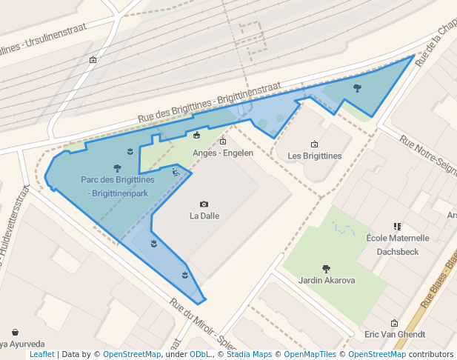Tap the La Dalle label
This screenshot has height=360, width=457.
pyautogui.click(x=204, y=216)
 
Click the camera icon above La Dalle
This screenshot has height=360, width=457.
pyautogui.click(x=204, y=204)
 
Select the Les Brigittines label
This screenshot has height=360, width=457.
pyautogui.click(x=314, y=156)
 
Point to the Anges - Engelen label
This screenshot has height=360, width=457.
pyautogui.click(x=223, y=153)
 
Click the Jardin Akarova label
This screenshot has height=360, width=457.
pyautogui.click(x=327, y=280)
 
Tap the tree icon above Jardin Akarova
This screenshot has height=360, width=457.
pyautogui.click(x=326, y=268)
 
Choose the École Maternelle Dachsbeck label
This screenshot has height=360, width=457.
pyautogui.click(x=398, y=244)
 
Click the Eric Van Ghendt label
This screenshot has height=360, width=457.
pyautogui.click(x=394, y=335)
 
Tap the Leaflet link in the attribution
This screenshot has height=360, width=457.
pyautogui.click(x=41, y=355)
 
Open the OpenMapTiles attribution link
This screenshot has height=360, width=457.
pyautogui.click(x=310, y=355)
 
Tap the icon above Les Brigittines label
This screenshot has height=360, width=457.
pyautogui.click(x=314, y=144)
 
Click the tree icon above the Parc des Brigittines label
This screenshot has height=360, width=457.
pyautogui.click(x=117, y=168)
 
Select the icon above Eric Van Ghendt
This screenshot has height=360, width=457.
pyautogui.click(x=394, y=323)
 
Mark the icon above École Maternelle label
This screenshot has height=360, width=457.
pyautogui.click(x=398, y=227)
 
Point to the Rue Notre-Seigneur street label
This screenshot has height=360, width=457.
pyautogui.click(x=428, y=153)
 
